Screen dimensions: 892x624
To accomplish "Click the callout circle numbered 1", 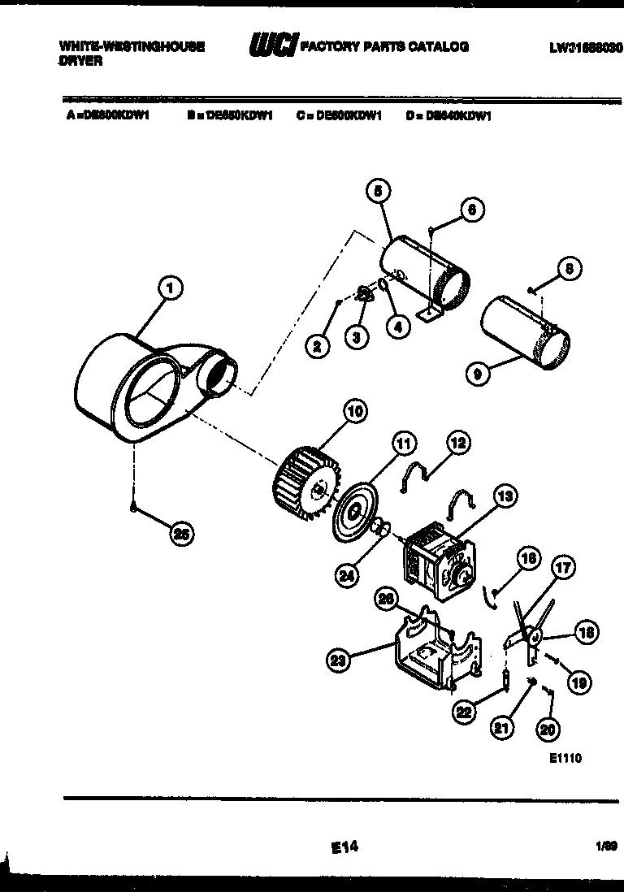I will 169,287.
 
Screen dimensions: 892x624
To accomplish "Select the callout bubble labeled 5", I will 377,192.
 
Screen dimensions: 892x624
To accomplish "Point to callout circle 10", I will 354,411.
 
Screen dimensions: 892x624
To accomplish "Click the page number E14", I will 344,847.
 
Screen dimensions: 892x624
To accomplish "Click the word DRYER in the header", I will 81,62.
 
